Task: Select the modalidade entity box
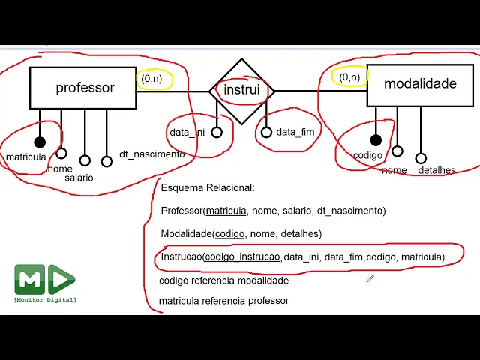420,84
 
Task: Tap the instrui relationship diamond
241,91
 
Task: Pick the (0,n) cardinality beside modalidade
349,77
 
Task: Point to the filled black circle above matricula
40,142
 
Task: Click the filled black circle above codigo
376,140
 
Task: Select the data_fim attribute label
295,133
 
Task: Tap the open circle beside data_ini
217,133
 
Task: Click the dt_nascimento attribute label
151,154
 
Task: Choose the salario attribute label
79,178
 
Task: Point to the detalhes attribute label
436,170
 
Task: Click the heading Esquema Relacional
208,188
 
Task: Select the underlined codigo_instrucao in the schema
242,257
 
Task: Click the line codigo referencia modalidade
223,280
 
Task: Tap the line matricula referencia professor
223,301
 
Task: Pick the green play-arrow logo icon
61,280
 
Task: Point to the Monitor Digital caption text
45,300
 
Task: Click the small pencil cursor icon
370,278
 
